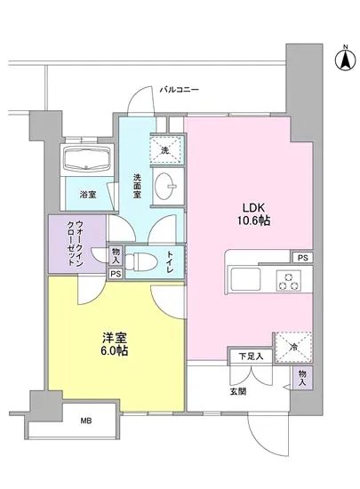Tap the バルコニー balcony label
coord(180,90)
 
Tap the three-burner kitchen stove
coord(289,280)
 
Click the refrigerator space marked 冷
coord(292,345)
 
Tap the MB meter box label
coord(86,420)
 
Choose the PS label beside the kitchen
coord(303,258)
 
